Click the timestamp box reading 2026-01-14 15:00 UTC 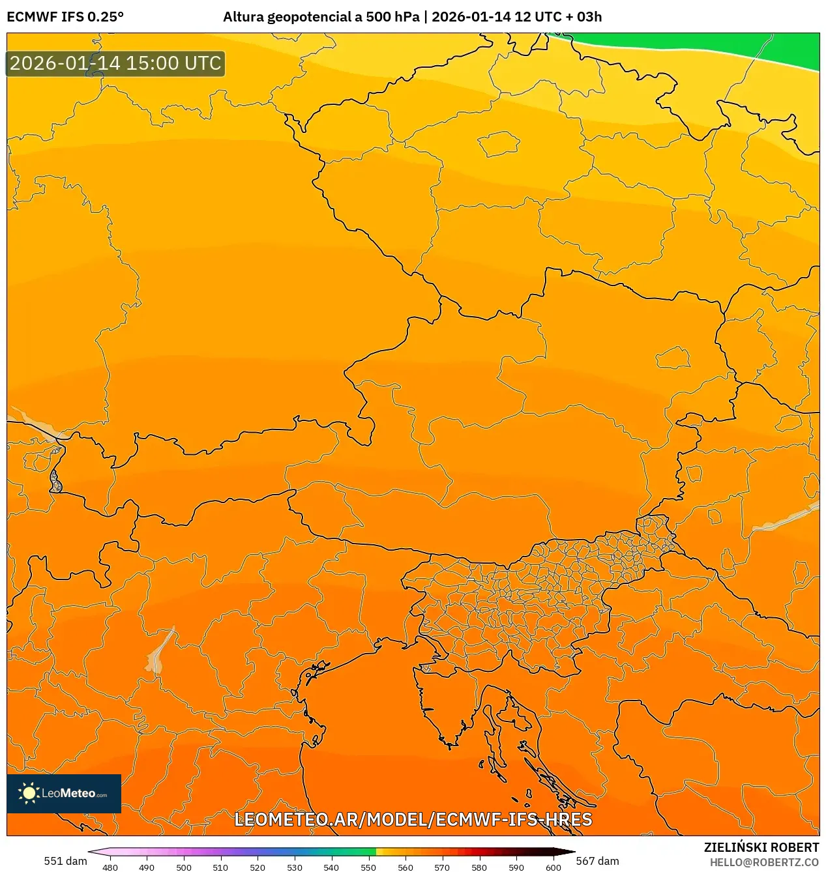click(x=115, y=64)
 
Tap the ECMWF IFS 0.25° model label click(x=65, y=17)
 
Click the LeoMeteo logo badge click(x=64, y=793)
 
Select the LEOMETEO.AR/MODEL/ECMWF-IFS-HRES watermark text click(x=413, y=819)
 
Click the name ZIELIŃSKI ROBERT click(x=761, y=847)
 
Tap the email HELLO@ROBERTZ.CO click(x=764, y=862)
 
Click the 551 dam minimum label click(x=65, y=861)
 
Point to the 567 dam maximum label click(x=597, y=861)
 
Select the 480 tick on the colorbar click(x=110, y=867)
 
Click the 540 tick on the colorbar click(x=331, y=867)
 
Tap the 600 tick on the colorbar click(x=553, y=867)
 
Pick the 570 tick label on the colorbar click(x=442, y=867)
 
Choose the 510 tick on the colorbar click(x=220, y=867)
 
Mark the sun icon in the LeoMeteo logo click(x=29, y=793)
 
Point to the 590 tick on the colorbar click(x=516, y=867)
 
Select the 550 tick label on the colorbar click(x=368, y=867)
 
